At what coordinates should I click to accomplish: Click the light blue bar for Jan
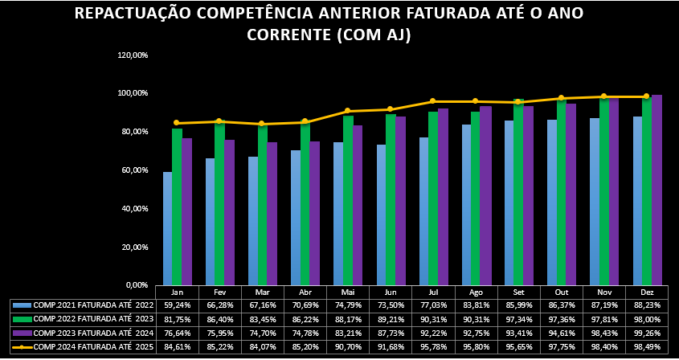(x=167, y=228)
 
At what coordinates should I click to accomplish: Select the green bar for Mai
(x=348, y=200)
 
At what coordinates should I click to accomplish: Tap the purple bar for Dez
(x=657, y=190)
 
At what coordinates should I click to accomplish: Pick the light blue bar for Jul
(x=423, y=211)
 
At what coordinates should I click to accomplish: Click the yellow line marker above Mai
(x=348, y=111)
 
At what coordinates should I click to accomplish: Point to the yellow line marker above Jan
(x=177, y=123)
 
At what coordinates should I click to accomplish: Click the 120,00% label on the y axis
(x=133, y=55)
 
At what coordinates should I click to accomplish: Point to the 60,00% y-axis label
(x=133, y=170)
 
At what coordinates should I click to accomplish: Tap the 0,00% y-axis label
(x=135, y=284)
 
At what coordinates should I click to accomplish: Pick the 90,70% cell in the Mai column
(x=348, y=346)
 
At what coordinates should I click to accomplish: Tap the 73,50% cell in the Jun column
(x=391, y=305)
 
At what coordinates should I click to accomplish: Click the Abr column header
(x=305, y=292)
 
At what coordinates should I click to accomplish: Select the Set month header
(x=519, y=292)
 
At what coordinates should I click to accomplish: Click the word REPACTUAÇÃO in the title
(x=151, y=14)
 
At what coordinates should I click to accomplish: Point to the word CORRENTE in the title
(x=288, y=35)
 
